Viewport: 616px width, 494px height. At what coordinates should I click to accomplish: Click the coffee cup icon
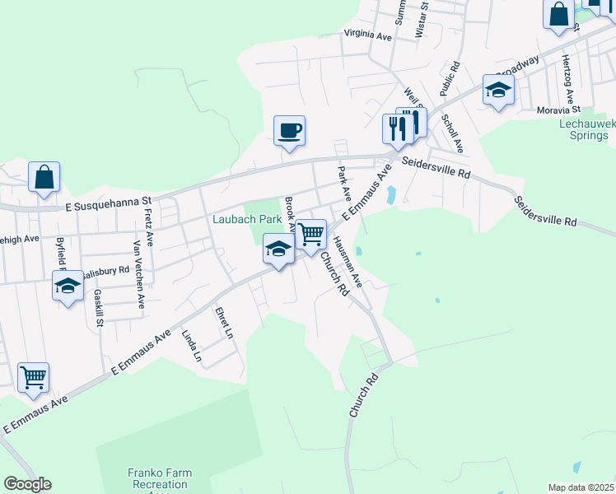tap(289, 130)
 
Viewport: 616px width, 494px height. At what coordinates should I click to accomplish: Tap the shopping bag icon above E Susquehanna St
tap(44, 177)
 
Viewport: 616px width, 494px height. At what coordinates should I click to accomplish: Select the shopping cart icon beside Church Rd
tap(311, 234)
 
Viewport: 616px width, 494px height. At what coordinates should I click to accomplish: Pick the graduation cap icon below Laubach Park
tap(279, 248)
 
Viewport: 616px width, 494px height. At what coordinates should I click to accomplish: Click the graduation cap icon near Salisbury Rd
tap(68, 286)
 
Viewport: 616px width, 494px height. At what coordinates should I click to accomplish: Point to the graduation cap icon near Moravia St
tap(498, 89)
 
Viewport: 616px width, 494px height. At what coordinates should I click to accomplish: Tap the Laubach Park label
tap(246, 220)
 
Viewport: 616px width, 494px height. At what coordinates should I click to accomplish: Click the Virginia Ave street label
tap(368, 35)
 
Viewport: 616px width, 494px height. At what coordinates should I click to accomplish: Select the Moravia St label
tap(559, 110)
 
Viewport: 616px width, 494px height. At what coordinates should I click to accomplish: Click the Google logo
tap(27, 484)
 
